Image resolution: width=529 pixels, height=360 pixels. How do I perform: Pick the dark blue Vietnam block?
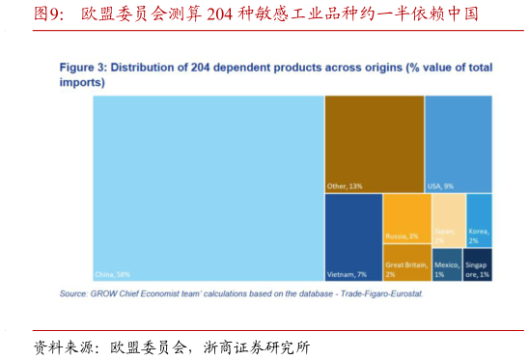352,232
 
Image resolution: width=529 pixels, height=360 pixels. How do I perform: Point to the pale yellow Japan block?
447,217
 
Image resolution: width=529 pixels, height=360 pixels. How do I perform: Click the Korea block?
479,217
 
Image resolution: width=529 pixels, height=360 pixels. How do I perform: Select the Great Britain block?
406,263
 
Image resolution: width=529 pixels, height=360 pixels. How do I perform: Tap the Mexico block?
446,264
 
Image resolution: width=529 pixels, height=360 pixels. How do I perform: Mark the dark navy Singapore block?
478,264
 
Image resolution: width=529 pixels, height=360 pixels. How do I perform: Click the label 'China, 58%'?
114,273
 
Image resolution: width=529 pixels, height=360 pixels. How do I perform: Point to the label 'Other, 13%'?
345,185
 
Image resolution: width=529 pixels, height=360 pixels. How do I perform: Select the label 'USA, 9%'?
440,185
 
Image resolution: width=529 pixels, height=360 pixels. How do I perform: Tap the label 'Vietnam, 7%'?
347,273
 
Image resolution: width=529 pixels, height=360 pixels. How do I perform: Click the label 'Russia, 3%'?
402,235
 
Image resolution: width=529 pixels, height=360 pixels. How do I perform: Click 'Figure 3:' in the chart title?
82,68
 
